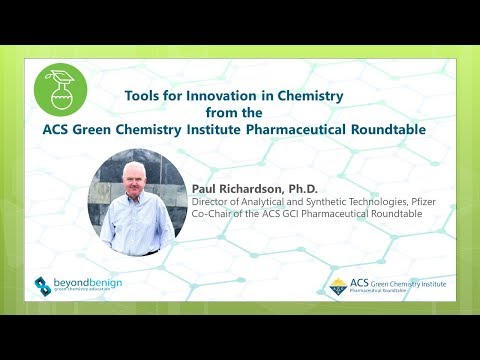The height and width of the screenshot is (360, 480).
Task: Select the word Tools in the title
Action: pos(143,96)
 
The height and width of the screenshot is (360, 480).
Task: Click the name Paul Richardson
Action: pos(230,187)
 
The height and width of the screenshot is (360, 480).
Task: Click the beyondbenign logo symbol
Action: pos(43,286)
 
